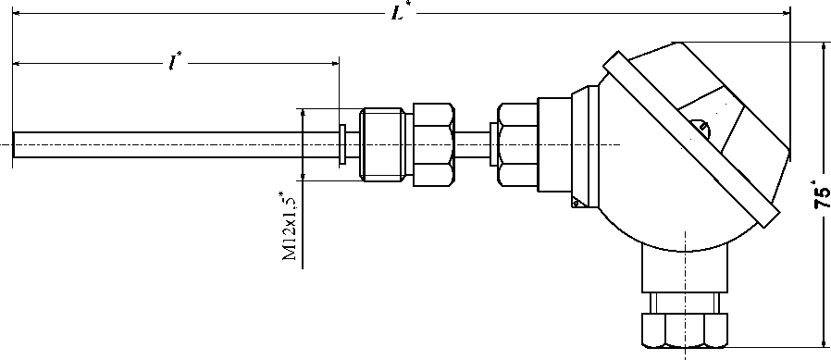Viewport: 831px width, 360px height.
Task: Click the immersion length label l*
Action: click(175, 63)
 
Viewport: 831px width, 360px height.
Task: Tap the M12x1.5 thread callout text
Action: click(290, 227)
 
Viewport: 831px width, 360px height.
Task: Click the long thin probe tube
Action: click(175, 144)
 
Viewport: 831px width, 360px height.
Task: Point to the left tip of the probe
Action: click(13, 144)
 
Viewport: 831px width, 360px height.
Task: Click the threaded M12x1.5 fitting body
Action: click(382, 144)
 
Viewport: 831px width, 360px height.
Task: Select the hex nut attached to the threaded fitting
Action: click(432, 144)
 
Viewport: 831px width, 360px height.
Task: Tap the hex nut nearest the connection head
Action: click(518, 144)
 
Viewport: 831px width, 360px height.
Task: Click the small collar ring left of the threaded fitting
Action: click(342, 144)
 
